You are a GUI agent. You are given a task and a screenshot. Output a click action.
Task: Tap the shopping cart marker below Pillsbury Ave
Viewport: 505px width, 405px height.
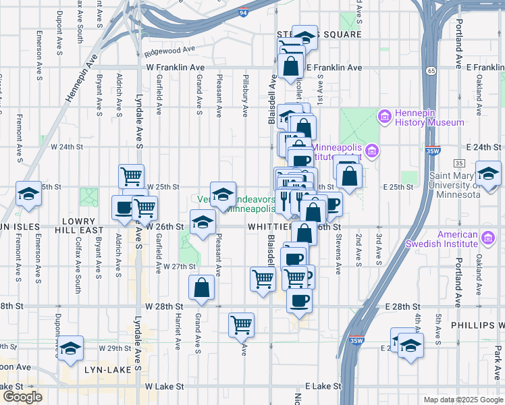tap(241, 325)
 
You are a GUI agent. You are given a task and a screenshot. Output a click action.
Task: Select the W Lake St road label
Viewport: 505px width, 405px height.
tap(165, 386)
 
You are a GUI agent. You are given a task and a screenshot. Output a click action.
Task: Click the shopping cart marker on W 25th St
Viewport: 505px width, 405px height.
tap(131, 176)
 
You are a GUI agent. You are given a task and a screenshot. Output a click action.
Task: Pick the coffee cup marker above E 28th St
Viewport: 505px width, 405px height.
tap(299, 300)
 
